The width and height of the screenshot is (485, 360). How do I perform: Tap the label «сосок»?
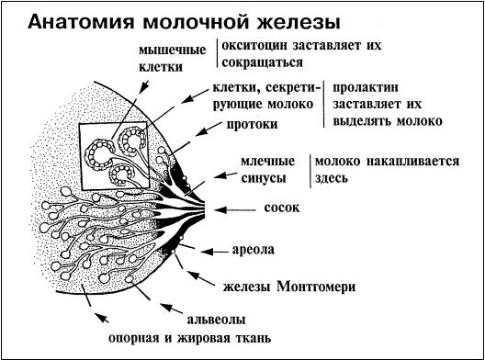tap(282, 208)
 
